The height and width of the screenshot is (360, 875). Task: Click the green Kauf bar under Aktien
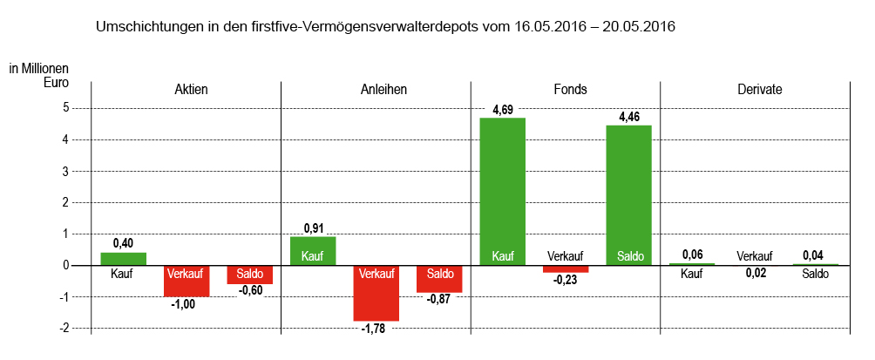pyautogui.click(x=123, y=259)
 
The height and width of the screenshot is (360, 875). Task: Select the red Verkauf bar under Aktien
pyautogui.click(x=187, y=281)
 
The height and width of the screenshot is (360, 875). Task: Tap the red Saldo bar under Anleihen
pyautogui.click(x=439, y=279)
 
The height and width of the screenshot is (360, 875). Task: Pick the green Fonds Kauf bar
pyautogui.click(x=503, y=191)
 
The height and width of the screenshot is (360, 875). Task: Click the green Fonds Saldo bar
pyautogui.click(x=629, y=194)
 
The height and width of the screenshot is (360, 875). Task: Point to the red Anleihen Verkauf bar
pyautogui.click(x=376, y=293)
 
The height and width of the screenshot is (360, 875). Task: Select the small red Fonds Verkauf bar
pyautogui.click(x=566, y=268)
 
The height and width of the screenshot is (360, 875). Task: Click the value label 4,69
pyautogui.click(x=503, y=110)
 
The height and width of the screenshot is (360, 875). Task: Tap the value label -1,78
pyautogui.click(x=375, y=329)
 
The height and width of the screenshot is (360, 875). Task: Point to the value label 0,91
pyautogui.click(x=313, y=228)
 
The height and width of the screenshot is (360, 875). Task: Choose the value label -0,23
pyautogui.click(x=566, y=280)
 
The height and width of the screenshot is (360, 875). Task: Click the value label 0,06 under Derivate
pyautogui.click(x=692, y=255)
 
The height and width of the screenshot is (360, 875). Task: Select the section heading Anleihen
pyautogui.click(x=383, y=90)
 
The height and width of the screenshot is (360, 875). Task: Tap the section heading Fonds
pyautogui.click(x=570, y=90)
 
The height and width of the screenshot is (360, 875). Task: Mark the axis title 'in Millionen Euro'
pyautogui.click(x=38, y=76)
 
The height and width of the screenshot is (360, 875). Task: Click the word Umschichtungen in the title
pyautogui.click(x=146, y=27)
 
